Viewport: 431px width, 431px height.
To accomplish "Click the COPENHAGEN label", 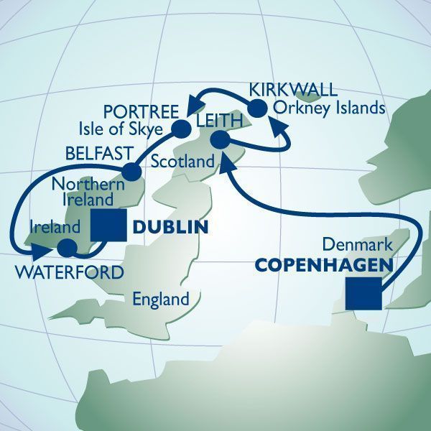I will (x=323, y=266).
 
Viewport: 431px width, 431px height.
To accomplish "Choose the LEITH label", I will (x=214, y=124).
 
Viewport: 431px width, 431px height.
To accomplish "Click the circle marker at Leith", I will (x=221, y=139).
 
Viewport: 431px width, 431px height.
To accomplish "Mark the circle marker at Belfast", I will (x=131, y=172).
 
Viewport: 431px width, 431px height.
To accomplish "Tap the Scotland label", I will (x=183, y=162).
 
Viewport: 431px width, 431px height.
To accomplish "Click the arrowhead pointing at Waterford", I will (x=40, y=251).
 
